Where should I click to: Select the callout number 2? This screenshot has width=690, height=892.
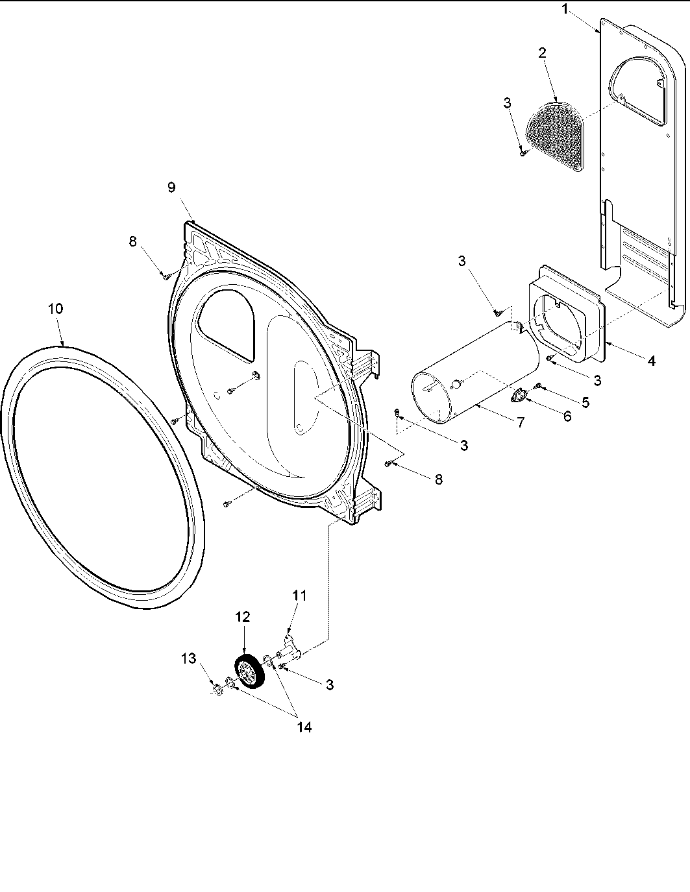coord(542,54)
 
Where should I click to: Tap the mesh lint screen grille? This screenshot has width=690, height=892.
coord(556,134)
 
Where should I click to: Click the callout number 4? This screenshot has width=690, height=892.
coord(651,361)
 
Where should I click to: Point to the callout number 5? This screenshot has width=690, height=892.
coord(585,402)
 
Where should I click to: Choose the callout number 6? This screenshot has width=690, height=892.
coord(567,416)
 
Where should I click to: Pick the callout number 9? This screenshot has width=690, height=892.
coord(171,187)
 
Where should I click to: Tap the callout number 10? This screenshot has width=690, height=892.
coord(56,309)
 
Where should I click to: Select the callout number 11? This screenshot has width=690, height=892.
coord(299,595)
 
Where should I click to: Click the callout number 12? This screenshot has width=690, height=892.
coord(242,617)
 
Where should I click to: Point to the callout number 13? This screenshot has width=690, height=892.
coord(188,659)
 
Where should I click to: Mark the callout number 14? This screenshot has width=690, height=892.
coord(304,727)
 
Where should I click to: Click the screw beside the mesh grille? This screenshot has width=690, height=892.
coord(522,153)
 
